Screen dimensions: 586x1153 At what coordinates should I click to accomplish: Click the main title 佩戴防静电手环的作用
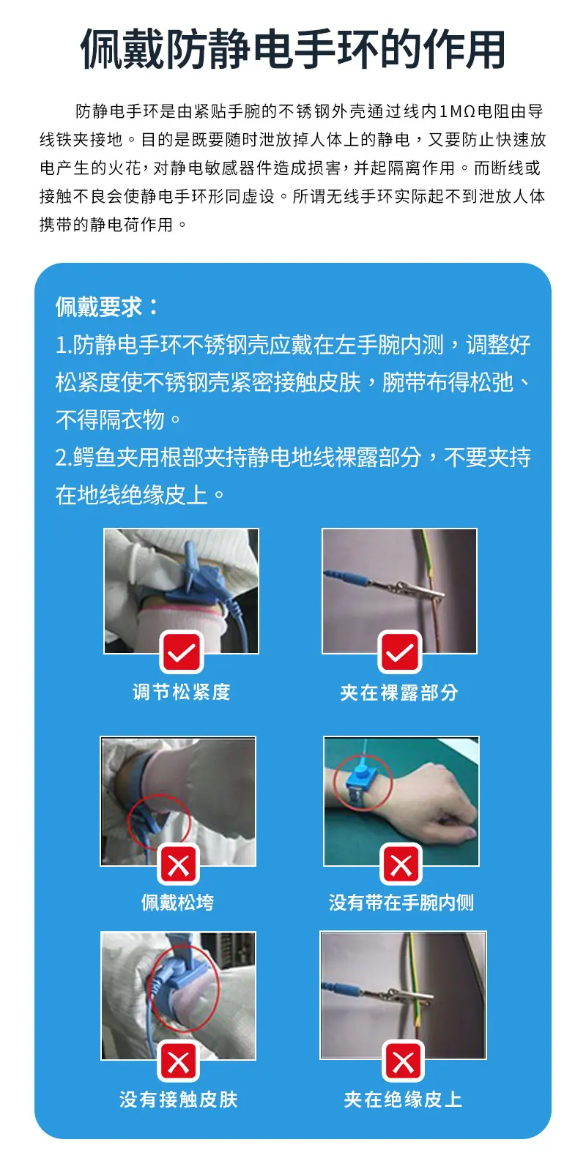pyautogui.click(x=292, y=50)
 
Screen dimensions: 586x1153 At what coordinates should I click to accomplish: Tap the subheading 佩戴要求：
pyautogui.click(x=107, y=307)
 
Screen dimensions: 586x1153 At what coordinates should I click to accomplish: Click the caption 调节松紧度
pyautogui.click(x=181, y=693)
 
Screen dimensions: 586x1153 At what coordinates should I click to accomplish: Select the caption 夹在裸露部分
pyautogui.click(x=399, y=693)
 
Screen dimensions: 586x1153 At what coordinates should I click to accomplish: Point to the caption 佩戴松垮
pyautogui.click(x=178, y=903)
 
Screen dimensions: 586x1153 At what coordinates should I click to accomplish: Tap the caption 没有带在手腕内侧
pyautogui.click(x=401, y=903)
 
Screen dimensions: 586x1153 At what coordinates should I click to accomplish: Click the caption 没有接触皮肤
pyautogui.click(x=178, y=1100)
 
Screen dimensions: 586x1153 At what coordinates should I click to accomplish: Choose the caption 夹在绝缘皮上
pyautogui.click(x=403, y=1100)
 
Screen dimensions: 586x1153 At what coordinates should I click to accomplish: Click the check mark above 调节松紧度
pyautogui.click(x=182, y=652)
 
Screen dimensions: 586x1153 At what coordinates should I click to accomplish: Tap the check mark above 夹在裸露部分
pyautogui.click(x=400, y=652)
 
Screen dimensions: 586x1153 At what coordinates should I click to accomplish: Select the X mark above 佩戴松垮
pyautogui.click(x=178, y=865)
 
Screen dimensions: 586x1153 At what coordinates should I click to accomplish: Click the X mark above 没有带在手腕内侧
pyautogui.click(x=401, y=865)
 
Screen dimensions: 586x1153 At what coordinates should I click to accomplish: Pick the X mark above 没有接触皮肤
pyautogui.click(x=178, y=1061)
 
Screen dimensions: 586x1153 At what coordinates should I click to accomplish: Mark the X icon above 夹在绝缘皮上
pyautogui.click(x=403, y=1061)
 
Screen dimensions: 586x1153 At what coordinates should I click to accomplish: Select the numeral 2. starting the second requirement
pyautogui.click(x=63, y=458)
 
